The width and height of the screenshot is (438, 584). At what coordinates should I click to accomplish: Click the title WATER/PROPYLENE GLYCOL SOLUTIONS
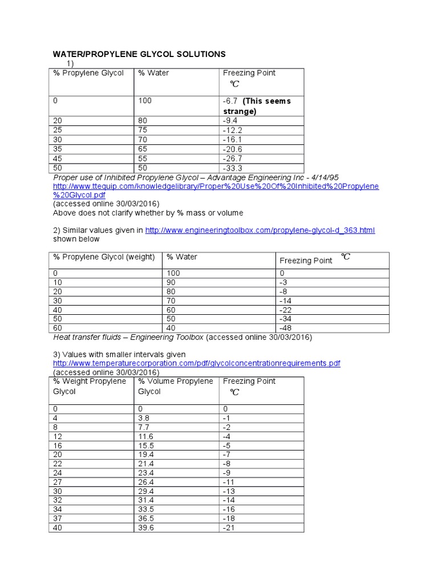coord(139,54)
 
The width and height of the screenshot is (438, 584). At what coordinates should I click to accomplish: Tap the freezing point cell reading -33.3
coord(233,168)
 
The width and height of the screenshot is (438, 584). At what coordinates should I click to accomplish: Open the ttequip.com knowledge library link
coord(216,186)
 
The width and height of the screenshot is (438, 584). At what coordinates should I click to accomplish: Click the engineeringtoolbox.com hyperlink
coord(260,230)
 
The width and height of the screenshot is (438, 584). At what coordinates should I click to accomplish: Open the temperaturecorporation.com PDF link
coord(197,363)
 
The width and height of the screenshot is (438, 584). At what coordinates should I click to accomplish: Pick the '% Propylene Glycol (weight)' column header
coord(104,257)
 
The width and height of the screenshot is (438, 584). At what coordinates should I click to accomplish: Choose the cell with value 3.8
coord(144,418)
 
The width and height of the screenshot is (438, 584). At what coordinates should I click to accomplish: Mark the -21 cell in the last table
coord(229,528)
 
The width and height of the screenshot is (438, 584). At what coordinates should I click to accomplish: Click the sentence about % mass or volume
coord(148,213)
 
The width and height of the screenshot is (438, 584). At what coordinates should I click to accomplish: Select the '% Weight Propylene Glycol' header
coord(90,386)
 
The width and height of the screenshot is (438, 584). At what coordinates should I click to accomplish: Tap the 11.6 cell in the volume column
coord(146,436)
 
